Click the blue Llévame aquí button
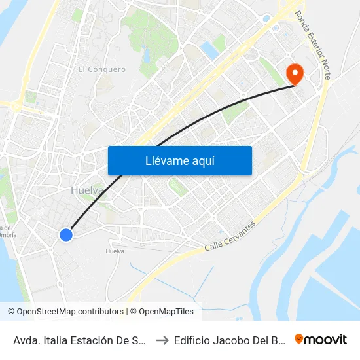[179, 160]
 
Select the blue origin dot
[65, 234]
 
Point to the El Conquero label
[101, 69]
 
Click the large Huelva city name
[87, 190]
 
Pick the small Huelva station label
[115, 251]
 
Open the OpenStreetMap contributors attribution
[69, 312]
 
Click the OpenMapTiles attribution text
[166, 312]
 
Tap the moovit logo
[321, 339]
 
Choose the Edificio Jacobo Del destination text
[230, 340]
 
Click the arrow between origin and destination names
[161, 340]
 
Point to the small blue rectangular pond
[209, 50]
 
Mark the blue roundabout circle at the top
[266, 18]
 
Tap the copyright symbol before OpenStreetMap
[11, 312]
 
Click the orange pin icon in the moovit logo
[299, 339]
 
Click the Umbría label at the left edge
[9, 235]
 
